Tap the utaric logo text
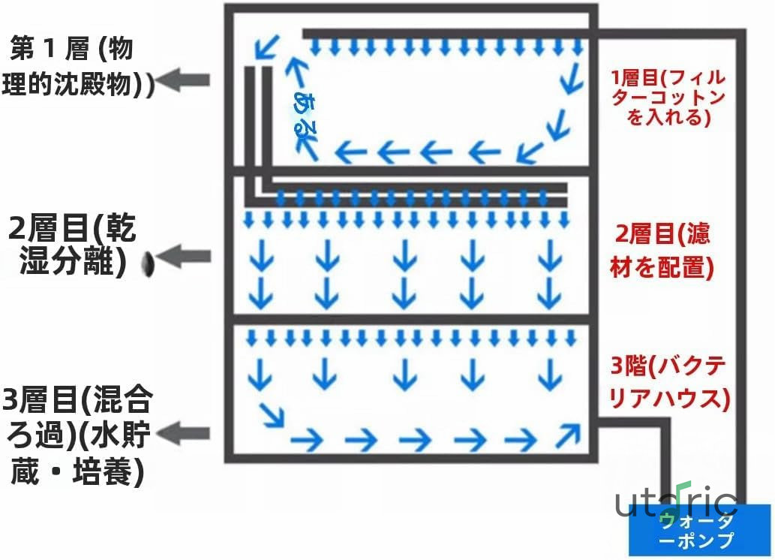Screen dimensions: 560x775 (676, 501)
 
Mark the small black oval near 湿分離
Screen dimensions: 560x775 (148, 263)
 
